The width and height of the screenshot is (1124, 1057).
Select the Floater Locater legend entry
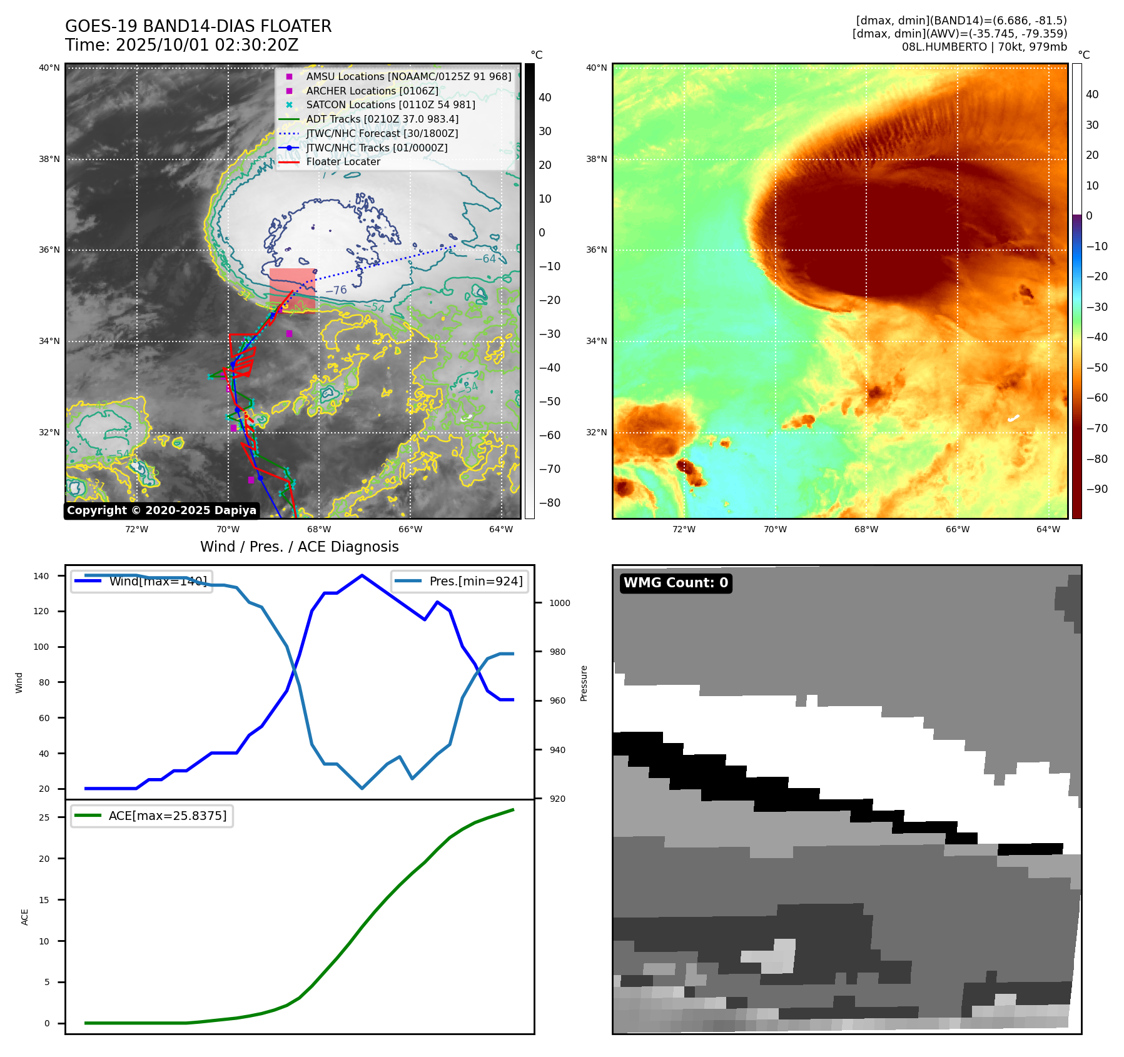[x=343, y=161]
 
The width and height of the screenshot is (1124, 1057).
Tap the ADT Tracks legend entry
[x=382, y=119]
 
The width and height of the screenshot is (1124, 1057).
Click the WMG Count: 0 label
[x=676, y=583]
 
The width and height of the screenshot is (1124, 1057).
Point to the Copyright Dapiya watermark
[x=161, y=510]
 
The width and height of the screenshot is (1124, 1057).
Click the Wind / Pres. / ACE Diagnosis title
[x=299, y=547]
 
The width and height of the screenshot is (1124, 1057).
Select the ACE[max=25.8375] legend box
[x=152, y=816]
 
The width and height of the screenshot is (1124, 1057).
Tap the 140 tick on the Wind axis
[x=41, y=576]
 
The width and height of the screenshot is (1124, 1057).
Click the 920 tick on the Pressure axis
[x=557, y=799]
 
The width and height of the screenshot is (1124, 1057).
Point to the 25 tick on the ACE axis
[x=44, y=817]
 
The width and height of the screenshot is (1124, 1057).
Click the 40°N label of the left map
[x=49, y=68]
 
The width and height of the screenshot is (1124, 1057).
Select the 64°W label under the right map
[x=1048, y=529]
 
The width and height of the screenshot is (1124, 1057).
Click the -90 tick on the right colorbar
[x=1096, y=489]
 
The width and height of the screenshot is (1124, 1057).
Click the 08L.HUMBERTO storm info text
[x=984, y=47]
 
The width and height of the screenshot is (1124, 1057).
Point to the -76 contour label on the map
[x=336, y=290]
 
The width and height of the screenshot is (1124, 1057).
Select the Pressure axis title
[x=584, y=683]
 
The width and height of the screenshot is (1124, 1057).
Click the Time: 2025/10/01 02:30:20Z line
[x=181, y=45]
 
